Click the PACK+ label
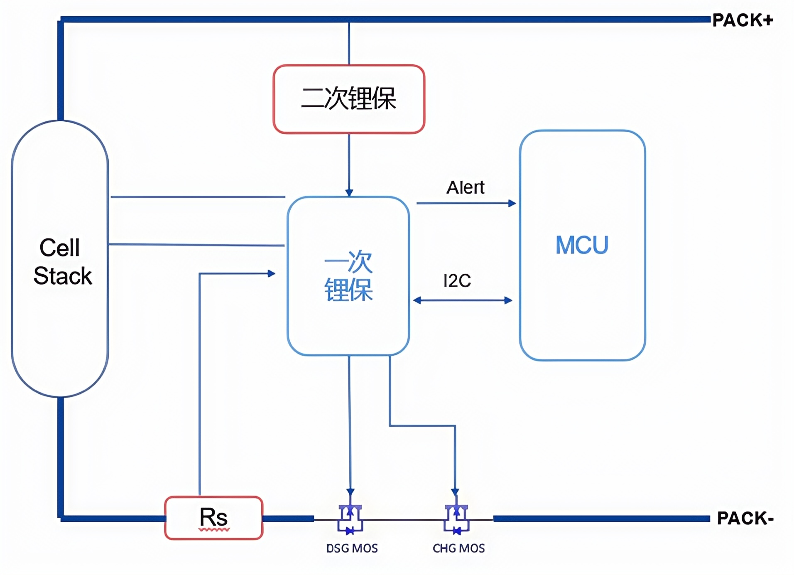point(742,20)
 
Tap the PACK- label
point(745,518)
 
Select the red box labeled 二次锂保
point(349,99)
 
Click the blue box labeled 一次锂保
point(348,275)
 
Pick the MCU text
point(582,245)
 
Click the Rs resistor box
point(214,518)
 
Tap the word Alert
point(465,187)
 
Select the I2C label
point(457,281)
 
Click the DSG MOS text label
point(352,548)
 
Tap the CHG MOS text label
point(458,548)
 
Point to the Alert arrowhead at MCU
point(512,203)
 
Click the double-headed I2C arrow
point(463,300)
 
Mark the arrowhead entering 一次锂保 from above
point(349,192)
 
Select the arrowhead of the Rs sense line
point(272,273)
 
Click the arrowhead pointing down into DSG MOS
point(350,492)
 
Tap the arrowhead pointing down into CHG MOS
point(455,492)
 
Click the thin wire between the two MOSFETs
point(403,519)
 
